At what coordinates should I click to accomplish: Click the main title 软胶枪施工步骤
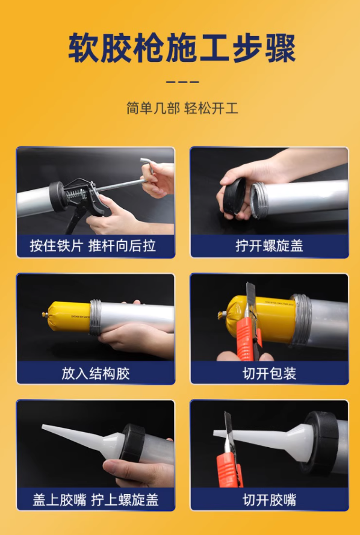181,48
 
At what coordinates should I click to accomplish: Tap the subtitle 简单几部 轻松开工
182,108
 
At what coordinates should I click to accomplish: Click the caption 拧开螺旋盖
269,246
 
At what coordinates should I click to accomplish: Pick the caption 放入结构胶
95,373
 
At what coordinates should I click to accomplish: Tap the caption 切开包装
269,373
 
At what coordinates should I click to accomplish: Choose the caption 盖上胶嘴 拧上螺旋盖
95,499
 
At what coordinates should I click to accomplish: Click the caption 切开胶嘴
269,499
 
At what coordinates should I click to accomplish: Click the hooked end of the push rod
146,164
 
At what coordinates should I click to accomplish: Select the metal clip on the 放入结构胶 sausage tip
45,314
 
